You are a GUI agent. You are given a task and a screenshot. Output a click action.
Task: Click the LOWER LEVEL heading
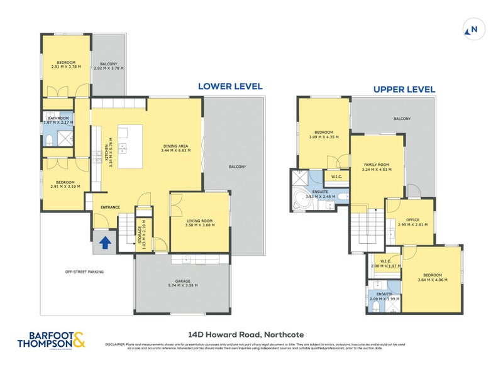click(230, 87)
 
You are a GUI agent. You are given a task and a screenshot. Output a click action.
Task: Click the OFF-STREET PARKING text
click(84, 271)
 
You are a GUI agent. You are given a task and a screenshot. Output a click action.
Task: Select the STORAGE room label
click(141, 231)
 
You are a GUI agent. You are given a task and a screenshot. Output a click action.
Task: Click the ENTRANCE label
click(110, 206)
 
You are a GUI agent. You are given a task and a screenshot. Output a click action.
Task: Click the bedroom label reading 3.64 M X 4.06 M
click(432, 278)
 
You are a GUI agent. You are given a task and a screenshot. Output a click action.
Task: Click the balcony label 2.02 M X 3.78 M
click(109, 66)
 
